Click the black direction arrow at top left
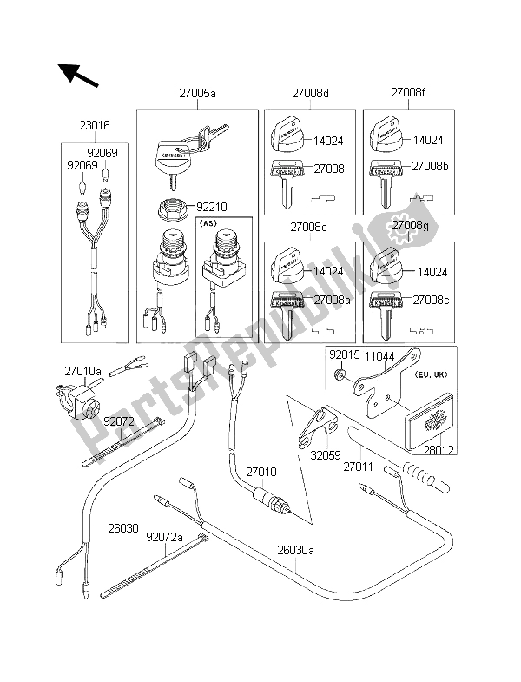click(77, 75)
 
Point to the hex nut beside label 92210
click(168, 211)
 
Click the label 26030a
click(296, 549)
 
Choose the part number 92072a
click(164, 537)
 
